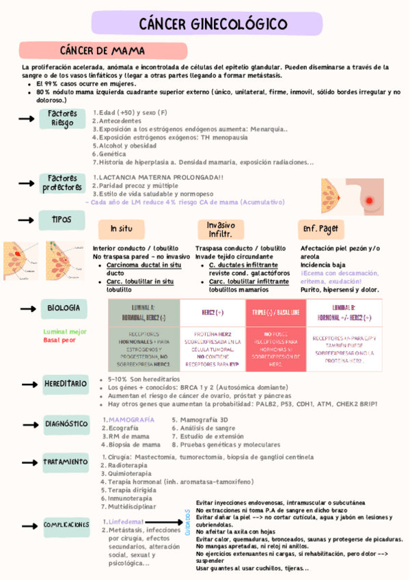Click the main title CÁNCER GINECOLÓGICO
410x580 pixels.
(213, 24)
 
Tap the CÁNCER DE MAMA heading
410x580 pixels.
(102, 51)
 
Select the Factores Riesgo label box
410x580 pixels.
(62, 118)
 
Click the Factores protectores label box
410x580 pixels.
(62, 183)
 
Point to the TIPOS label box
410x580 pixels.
(62, 220)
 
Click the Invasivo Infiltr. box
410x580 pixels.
(221, 229)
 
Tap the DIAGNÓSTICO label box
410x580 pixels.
(67, 423)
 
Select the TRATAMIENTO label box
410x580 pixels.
(66, 462)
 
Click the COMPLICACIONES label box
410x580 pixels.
(66, 525)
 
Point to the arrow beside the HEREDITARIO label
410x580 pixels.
(27, 383)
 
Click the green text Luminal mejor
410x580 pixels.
(65, 331)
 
